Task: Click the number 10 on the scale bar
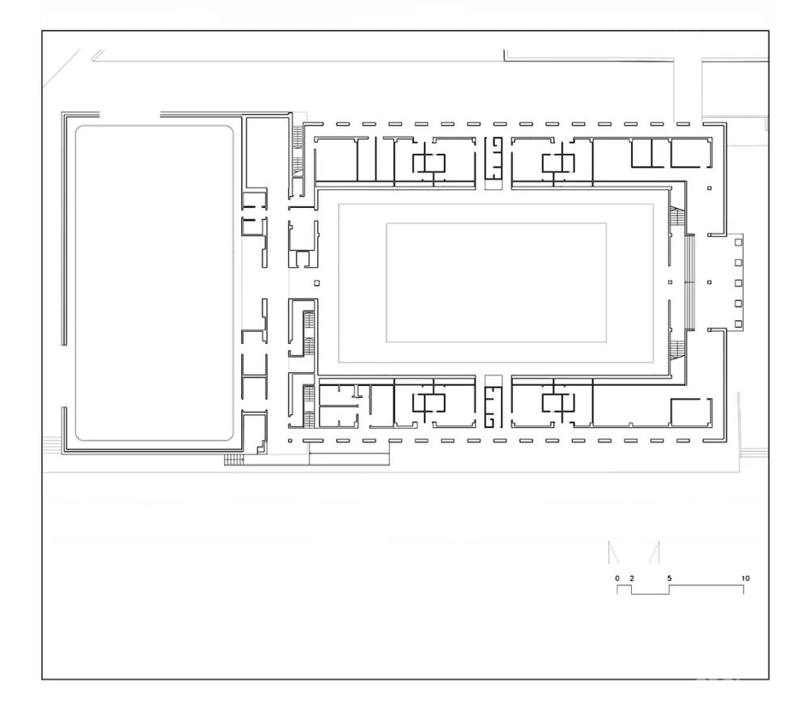745,578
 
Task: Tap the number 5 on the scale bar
669,578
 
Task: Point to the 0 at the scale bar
617,578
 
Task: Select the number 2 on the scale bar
632,578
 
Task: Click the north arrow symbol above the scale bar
634,552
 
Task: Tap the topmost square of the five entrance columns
739,242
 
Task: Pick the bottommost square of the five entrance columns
739,324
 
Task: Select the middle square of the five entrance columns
739,283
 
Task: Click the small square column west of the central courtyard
317,283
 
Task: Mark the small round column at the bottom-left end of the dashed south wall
290,441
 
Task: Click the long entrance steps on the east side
690,282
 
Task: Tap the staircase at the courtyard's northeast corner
677,216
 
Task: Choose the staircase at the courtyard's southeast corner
677,350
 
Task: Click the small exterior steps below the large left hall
234,460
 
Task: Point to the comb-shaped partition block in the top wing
493,158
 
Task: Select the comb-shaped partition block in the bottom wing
493,407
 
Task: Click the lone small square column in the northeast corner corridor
709,189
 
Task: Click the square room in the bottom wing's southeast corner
692,413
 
